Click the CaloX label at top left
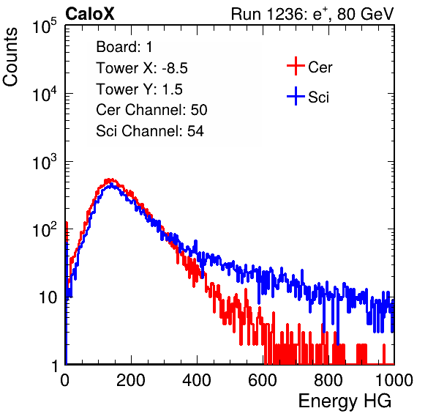pyautogui.click(x=90, y=14)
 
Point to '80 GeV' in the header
pyautogui.click(x=366, y=14)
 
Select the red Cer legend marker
pyautogui.click(x=296, y=66)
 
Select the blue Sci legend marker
pyautogui.click(x=296, y=96)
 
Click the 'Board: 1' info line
pyautogui.click(x=124, y=47)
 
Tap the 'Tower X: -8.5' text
pyautogui.click(x=142, y=68)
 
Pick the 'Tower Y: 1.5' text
pyautogui.click(x=139, y=89)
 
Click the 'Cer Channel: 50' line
pyautogui.click(x=151, y=110)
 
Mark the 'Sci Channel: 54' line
pyautogui.click(x=150, y=131)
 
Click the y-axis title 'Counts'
pyautogui.click(x=10, y=57)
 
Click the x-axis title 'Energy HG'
pyautogui.click(x=345, y=401)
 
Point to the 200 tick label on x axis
pyautogui.click(x=131, y=380)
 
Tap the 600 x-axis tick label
pyautogui.click(x=263, y=380)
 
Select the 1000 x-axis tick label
pyautogui.click(x=394, y=380)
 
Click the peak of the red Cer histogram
pyautogui.click(x=110, y=179)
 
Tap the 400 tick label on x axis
pyautogui.click(x=197, y=380)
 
